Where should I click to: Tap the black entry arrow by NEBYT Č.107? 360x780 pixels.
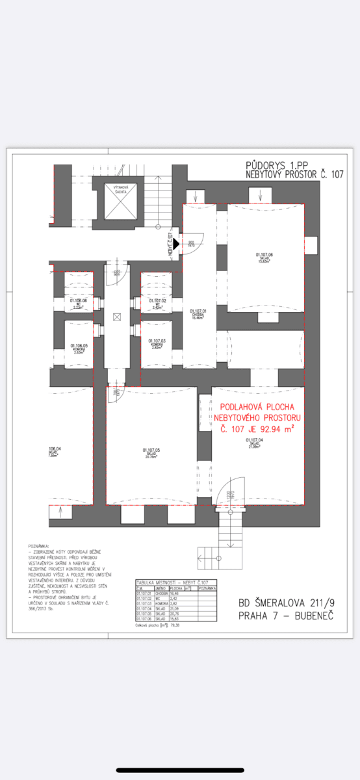[x=175, y=244]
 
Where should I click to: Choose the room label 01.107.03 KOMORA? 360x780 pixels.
[x=157, y=344]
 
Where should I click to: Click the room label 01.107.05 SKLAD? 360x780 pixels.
[x=151, y=452]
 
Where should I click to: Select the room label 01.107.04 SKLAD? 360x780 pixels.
[x=255, y=443]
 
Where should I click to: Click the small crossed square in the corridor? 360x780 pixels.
[x=116, y=317]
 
